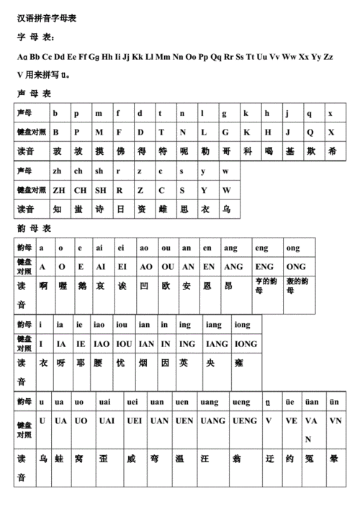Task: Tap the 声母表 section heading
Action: click(x=33, y=94)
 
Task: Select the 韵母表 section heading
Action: click(x=33, y=228)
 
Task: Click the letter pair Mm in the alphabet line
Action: click(x=163, y=56)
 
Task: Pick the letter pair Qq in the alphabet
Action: click(x=214, y=56)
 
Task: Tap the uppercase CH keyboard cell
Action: click(x=80, y=190)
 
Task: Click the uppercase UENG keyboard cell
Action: click(x=244, y=420)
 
